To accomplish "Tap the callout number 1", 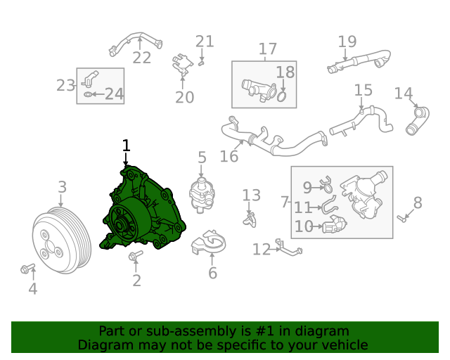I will point(126,146).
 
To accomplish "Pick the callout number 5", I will point(202,158).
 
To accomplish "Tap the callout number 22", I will point(142,58).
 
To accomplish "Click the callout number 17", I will point(268,49).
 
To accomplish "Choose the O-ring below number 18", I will point(281,95).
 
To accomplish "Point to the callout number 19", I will point(347,41).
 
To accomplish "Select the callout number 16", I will point(229,155).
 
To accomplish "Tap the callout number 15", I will point(363,90).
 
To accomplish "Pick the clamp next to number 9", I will point(326,186).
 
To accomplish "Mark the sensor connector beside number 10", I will point(334,227).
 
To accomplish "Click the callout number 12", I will point(262,249).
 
